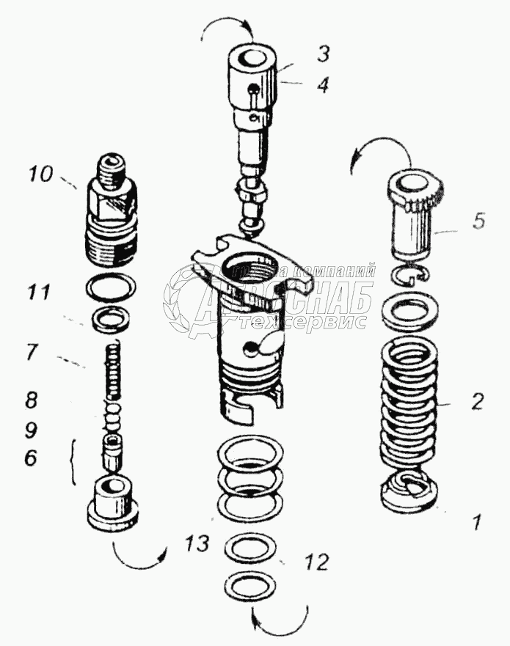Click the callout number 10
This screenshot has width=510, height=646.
pyautogui.click(x=42, y=175)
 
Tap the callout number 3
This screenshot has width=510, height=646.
pyautogui.click(x=323, y=53)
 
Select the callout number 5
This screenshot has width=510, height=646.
pyautogui.click(x=478, y=221)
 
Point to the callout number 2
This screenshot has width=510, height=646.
pyautogui.click(x=478, y=401)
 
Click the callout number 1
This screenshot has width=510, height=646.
pyautogui.click(x=476, y=524)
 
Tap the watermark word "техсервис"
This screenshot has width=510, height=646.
pyautogui.click(x=316, y=322)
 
